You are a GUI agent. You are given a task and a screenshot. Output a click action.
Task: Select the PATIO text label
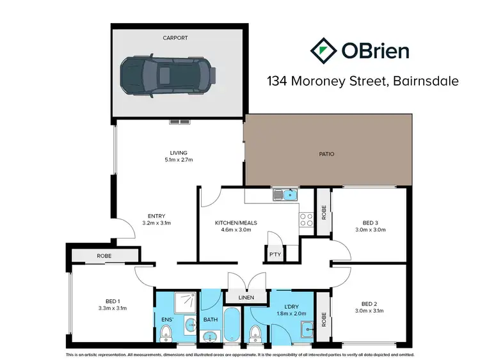point(326,154)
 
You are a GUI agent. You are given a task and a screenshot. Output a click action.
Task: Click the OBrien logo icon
point(323,50)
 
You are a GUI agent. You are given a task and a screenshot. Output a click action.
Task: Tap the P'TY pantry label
point(275,254)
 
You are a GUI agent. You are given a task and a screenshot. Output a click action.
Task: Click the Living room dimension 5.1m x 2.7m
point(178,160)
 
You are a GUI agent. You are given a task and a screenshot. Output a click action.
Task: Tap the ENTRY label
point(156,216)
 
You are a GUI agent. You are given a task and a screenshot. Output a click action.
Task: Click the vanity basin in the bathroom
point(210,336)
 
